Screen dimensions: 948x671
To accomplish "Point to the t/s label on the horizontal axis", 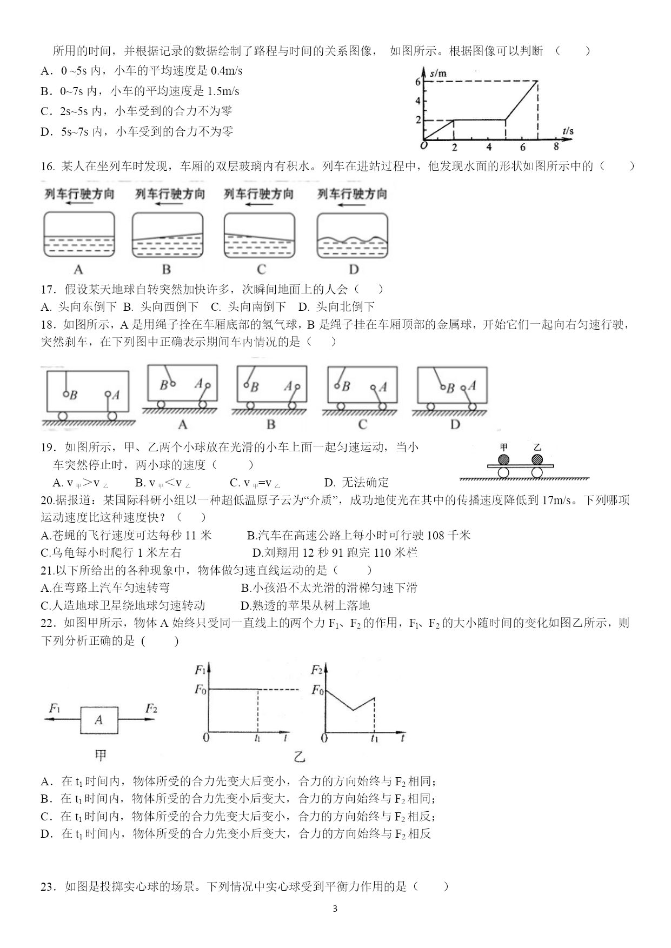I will [567, 131].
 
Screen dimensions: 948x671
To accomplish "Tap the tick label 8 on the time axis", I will [556, 146].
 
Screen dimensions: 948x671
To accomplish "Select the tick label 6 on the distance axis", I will [417, 82].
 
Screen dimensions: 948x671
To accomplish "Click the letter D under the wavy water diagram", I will [354, 270].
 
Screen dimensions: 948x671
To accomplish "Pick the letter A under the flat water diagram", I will [78, 270].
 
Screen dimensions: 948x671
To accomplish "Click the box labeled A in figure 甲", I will [99, 719].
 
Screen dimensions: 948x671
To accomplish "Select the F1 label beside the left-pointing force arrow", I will [55, 708].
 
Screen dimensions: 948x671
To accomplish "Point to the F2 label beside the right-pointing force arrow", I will [151, 708].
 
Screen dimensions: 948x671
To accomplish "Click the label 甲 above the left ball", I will [503, 448].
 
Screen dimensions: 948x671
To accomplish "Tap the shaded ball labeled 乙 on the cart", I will [537, 459].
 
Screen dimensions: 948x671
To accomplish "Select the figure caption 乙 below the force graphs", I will [300, 757].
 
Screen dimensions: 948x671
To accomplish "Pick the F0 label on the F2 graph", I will [317, 690].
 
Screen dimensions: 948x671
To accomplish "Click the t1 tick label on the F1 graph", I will [257, 738].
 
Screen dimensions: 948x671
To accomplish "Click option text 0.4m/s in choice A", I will [227, 71].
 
